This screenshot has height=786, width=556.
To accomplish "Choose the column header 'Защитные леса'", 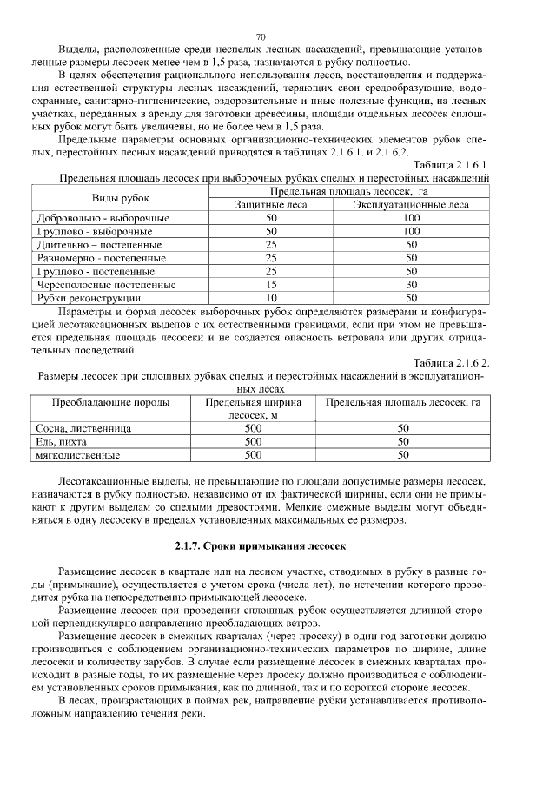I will tap(271, 204).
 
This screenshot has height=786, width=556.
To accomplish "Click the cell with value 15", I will tap(271, 284).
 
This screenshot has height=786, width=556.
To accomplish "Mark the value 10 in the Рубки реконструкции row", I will tap(271, 297).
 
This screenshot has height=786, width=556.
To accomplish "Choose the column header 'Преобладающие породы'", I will tap(109, 403).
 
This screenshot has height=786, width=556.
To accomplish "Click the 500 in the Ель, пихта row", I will tap(253, 441).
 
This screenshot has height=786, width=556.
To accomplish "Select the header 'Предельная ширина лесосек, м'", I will tap(253, 409).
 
